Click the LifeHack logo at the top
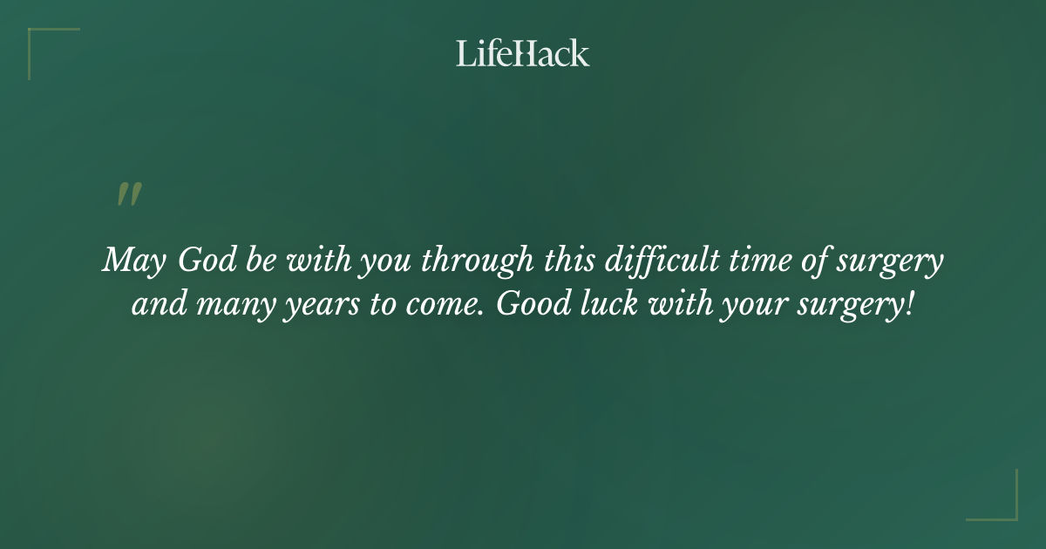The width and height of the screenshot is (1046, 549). click(523, 53)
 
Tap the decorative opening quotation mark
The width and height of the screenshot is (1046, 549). click(129, 195)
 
